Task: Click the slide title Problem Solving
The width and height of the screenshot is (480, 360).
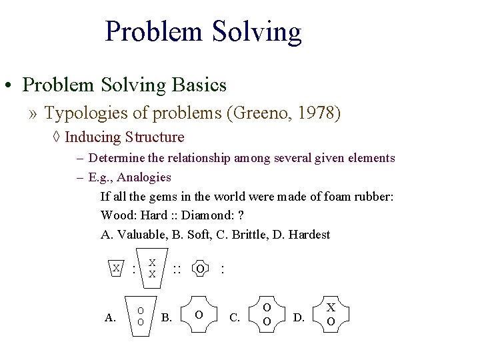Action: (203, 32)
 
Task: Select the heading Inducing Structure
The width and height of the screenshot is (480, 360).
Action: (125, 137)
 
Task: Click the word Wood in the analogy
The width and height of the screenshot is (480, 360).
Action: (115, 215)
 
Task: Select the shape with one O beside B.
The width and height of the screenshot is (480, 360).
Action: (199, 314)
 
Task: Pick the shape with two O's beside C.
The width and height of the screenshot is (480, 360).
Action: (267, 314)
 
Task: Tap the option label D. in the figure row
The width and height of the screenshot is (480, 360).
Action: (299, 317)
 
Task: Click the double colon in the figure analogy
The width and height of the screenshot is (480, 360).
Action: (177, 269)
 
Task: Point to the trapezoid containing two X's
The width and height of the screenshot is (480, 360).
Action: (152, 268)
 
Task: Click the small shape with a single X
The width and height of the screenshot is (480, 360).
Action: (116, 268)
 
